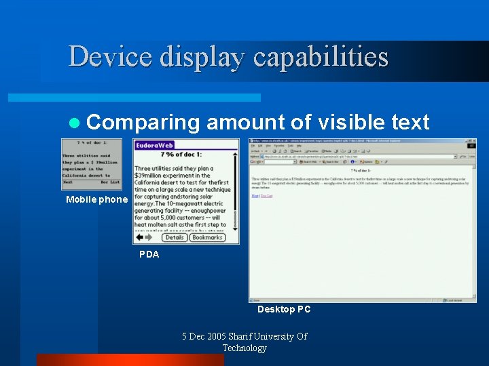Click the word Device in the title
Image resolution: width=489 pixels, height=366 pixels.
point(109,56)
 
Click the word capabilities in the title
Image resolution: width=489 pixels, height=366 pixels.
point(321,56)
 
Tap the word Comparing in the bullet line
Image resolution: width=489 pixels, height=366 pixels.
point(143,123)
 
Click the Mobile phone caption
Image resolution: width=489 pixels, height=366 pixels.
point(96,199)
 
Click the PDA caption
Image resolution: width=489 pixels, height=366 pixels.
point(149,254)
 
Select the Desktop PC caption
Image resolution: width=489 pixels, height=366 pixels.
point(284,309)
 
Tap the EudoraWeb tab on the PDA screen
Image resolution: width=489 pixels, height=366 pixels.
point(155,145)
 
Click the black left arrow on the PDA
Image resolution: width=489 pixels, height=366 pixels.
point(139,237)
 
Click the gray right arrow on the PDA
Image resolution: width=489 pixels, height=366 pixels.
point(149,237)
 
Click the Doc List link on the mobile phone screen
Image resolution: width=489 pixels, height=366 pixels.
point(110,182)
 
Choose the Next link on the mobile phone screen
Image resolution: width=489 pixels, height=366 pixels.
point(68,182)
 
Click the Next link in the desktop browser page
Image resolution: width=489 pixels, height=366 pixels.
point(255,196)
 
